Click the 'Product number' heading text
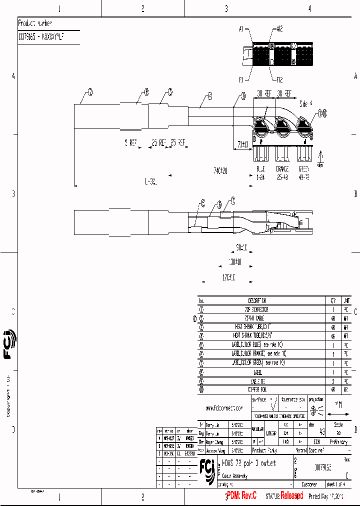tap(34, 23)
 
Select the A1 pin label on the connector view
tap(240, 30)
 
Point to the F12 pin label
tap(278, 79)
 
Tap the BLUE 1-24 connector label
tap(261, 173)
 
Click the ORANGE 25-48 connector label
tap(282, 173)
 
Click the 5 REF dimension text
tap(130, 143)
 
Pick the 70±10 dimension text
tap(243, 145)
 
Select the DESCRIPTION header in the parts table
tap(257, 301)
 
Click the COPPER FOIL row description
tap(257, 388)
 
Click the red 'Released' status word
tap(291, 495)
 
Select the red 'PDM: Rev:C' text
tap(241, 495)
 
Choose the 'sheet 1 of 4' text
tap(339, 484)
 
